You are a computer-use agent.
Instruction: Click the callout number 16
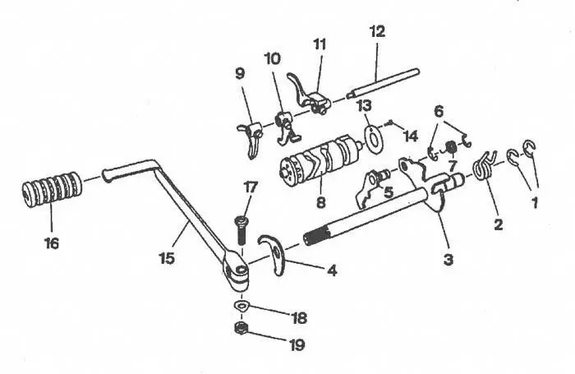click(52, 243)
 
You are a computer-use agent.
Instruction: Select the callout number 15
click(168, 258)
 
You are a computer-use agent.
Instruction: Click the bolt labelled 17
click(241, 230)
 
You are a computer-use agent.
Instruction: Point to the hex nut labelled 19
click(240, 328)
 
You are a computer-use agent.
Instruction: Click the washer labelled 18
click(241, 306)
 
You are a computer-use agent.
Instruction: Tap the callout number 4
click(331, 271)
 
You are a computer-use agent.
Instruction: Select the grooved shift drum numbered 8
click(319, 159)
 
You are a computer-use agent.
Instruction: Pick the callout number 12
click(378, 31)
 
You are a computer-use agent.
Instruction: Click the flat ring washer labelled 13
click(374, 138)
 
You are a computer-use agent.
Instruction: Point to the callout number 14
click(411, 136)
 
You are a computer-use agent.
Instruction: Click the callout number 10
click(273, 58)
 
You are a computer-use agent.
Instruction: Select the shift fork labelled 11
click(308, 95)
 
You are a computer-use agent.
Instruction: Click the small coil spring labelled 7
click(451, 148)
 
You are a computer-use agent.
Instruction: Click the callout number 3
click(448, 260)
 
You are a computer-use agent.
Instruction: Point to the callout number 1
click(535, 202)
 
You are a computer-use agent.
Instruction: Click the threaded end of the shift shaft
click(316, 235)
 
